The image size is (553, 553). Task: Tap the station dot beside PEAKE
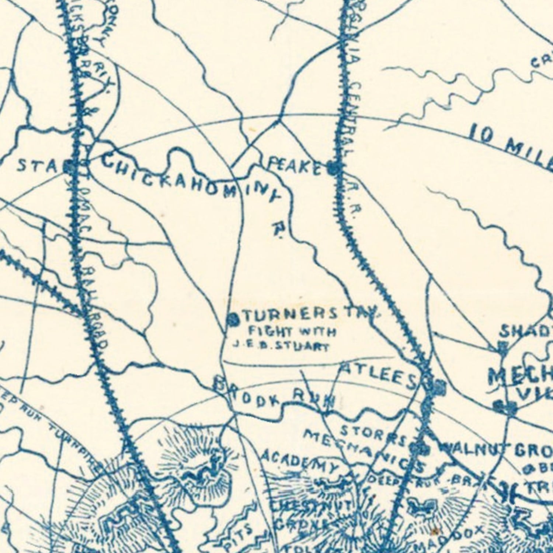(335, 168)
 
